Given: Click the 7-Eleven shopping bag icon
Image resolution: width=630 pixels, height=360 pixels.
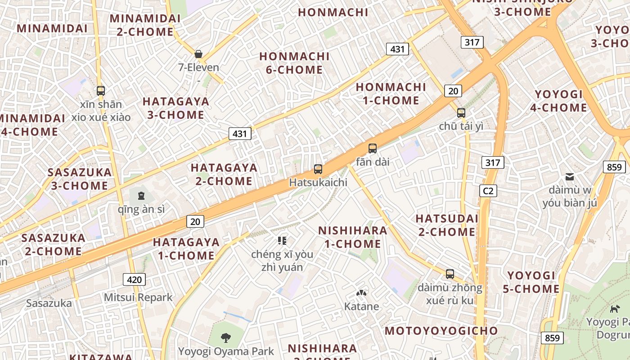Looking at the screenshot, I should [198, 54].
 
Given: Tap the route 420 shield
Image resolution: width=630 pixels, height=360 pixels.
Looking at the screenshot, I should [134, 279].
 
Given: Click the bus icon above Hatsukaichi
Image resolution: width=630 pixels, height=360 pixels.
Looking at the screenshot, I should [318, 169].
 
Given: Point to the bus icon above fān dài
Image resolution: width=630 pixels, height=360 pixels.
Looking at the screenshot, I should [373, 148].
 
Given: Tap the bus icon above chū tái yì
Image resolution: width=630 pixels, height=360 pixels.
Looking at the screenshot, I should [461, 112].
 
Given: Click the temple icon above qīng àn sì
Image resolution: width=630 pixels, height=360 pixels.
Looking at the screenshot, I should [141, 196].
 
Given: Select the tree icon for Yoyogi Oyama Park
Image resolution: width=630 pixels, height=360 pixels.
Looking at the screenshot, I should [226, 337].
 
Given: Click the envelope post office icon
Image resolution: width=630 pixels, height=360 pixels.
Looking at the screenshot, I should [570, 176].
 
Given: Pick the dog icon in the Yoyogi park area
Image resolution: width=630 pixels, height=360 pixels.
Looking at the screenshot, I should [614, 309].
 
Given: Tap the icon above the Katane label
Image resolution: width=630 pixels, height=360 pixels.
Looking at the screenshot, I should [361, 293].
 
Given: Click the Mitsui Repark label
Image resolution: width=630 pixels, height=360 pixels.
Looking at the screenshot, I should [138, 297].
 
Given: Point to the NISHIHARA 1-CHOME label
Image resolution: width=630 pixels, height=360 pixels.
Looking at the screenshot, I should [352, 237].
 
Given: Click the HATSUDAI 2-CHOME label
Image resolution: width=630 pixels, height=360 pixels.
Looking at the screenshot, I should [447, 225].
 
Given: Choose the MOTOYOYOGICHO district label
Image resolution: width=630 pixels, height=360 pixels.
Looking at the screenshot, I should [441, 331].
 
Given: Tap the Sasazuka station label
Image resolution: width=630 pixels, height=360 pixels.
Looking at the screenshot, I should [49, 303].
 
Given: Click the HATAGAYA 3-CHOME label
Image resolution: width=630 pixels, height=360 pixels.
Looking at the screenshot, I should [176, 108].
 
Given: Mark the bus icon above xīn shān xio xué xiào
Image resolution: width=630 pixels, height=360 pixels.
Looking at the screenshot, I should [101, 90].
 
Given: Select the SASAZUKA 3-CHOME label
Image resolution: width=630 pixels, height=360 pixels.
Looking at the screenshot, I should [80, 179].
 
